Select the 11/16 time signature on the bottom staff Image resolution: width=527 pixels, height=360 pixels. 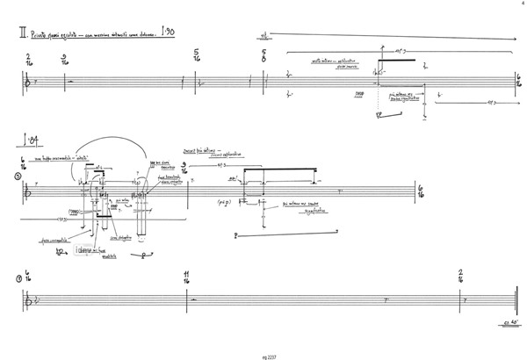187,278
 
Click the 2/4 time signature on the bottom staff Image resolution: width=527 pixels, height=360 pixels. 461,278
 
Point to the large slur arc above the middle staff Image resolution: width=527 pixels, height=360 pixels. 119,146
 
